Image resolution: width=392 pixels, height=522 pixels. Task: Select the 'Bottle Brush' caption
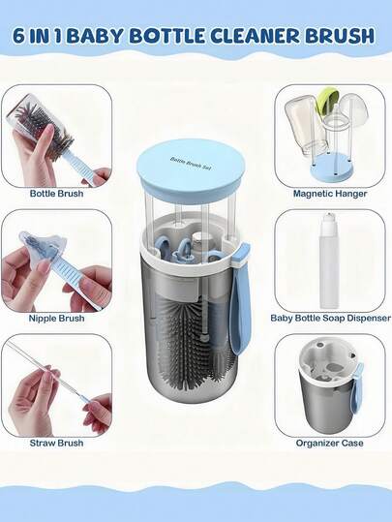(55, 194)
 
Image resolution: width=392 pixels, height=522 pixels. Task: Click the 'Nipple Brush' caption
(55, 318)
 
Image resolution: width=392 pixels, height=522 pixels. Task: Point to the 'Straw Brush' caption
(55, 443)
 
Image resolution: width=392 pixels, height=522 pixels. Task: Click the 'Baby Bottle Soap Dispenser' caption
(330, 318)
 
